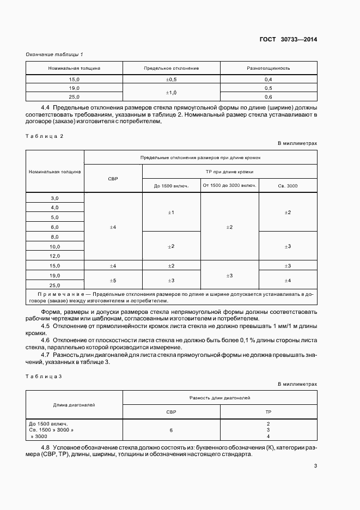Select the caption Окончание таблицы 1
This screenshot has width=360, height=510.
point(54,54)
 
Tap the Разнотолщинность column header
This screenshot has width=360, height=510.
point(268,69)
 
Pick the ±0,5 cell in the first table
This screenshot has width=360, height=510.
point(172,80)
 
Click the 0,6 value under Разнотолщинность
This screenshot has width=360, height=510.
point(268,97)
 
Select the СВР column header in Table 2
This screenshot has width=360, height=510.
point(113,179)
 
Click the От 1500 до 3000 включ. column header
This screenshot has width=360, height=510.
point(229,186)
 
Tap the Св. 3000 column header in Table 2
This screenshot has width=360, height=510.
point(288,186)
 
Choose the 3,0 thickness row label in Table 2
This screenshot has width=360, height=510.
point(54,198)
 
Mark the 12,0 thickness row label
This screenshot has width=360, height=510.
point(54,256)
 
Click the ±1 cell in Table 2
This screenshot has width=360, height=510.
point(171,212)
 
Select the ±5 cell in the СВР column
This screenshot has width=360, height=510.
point(113,280)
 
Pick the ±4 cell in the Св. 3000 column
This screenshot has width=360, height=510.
point(288,280)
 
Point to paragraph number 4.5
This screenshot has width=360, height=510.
point(45,325)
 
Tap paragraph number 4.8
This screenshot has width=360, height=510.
point(45,448)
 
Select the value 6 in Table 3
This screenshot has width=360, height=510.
point(171,430)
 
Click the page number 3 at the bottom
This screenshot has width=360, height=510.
point(315,466)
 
